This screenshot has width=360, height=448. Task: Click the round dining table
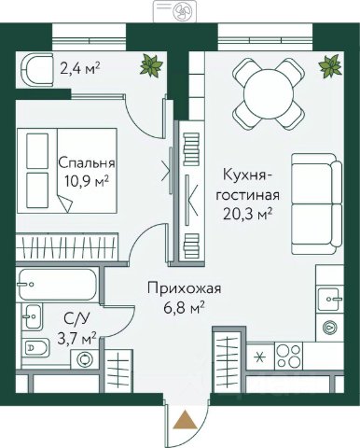click(x=269, y=94)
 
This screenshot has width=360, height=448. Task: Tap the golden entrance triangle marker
click(x=185, y=420)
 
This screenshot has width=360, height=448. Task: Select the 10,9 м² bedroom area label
click(x=87, y=180)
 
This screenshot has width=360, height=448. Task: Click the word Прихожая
click(x=184, y=289)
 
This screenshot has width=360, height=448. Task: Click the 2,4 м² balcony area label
click(x=80, y=68)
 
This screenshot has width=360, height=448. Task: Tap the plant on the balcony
click(x=151, y=65)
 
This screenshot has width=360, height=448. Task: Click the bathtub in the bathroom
click(x=57, y=285)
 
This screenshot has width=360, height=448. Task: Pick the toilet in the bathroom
click(x=36, y=348)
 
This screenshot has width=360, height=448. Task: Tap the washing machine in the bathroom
click(x=85, y=359)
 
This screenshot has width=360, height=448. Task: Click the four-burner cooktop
click(x=289, y=356)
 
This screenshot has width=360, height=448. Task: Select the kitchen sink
click(x=330, y=299)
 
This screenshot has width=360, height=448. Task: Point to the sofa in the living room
click(x=317, y=204)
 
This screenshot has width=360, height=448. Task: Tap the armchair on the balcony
click(x=36, y=70)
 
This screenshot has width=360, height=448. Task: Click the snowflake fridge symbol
click(x=258, y=357)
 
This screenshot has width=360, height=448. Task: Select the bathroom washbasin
click(x=33, y=316)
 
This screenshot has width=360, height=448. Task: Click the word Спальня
click(x=87, y=162)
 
